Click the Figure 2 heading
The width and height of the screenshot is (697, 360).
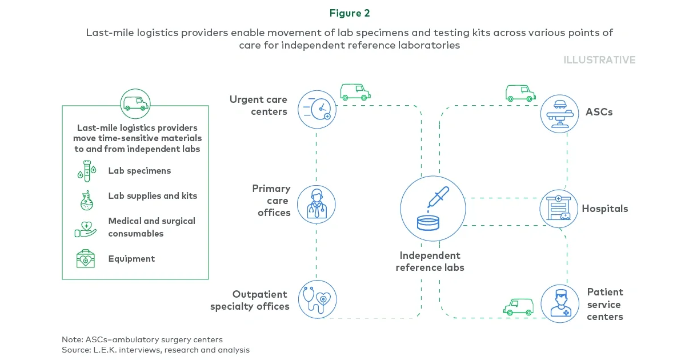349,13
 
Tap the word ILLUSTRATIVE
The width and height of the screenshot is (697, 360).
599,60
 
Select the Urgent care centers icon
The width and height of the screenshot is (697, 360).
317,109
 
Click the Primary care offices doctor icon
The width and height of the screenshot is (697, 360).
316,205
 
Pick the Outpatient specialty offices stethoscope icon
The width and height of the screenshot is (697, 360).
317,299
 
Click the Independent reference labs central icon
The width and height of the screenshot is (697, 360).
432,209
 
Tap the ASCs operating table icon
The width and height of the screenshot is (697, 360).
559,114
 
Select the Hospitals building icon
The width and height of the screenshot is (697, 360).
559,209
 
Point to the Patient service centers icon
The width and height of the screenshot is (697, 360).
559,303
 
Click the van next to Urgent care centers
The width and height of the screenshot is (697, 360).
355,92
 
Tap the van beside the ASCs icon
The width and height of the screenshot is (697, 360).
520,93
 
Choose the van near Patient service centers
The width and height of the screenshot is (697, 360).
518,307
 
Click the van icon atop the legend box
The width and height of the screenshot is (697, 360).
135,103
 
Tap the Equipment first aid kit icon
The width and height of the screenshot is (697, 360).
86,259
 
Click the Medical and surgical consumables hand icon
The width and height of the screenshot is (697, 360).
86,228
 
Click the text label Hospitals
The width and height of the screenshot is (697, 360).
604,209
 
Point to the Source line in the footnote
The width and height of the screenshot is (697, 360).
155,350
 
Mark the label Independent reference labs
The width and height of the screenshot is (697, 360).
430,262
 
